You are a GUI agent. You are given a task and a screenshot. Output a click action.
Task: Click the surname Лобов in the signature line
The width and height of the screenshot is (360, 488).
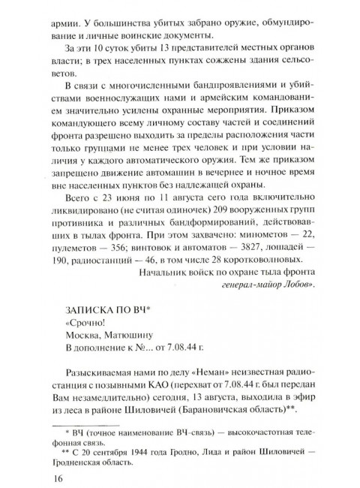tap(300, 287)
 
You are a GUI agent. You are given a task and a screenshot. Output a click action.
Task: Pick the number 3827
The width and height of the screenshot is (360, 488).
tap(252, 246)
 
